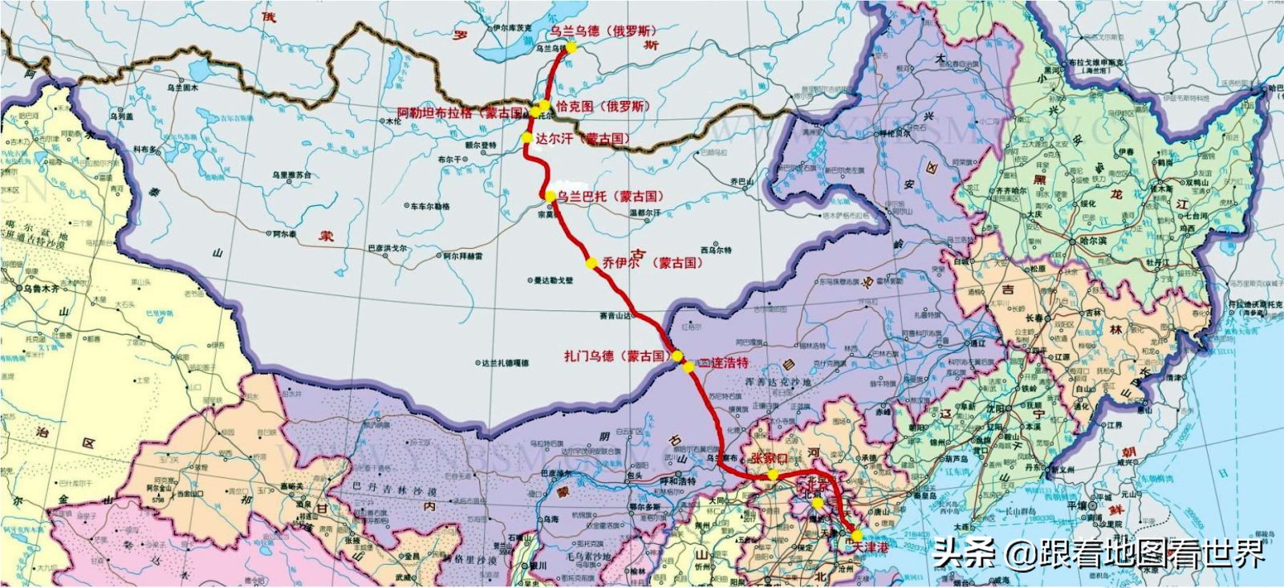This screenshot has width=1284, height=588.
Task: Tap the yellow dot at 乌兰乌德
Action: pos(571,47)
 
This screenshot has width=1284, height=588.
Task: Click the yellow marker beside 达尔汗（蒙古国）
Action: pos(527,137)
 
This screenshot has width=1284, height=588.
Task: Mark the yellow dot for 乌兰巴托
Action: pos(549,196)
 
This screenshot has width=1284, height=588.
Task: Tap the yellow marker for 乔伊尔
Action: pos(591,263)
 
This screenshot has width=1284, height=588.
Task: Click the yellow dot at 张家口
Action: pos(772,474)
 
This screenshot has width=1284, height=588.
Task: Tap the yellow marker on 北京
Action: pos(816,505)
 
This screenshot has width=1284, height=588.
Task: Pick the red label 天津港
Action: pos(874,546)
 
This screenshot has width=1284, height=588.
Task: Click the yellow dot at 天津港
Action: pos(856,535)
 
